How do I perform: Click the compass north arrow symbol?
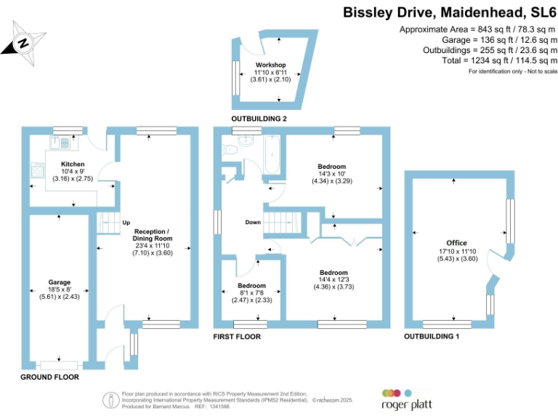coord(23,43)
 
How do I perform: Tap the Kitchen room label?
coord(71,164)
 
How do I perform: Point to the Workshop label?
coord(270,65)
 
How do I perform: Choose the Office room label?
coord(457,243)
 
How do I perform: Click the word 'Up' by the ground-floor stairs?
coord(126,223)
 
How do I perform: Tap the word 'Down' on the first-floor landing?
coord(253,223)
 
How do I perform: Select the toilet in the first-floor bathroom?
coord(231,150)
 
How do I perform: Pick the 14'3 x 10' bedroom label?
coord(332,167)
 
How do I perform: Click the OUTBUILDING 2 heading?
coord(259,119)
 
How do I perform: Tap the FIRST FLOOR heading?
coord(237,337)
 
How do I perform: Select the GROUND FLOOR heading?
coord(49,378)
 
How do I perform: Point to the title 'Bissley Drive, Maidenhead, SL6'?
coord(450,12)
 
